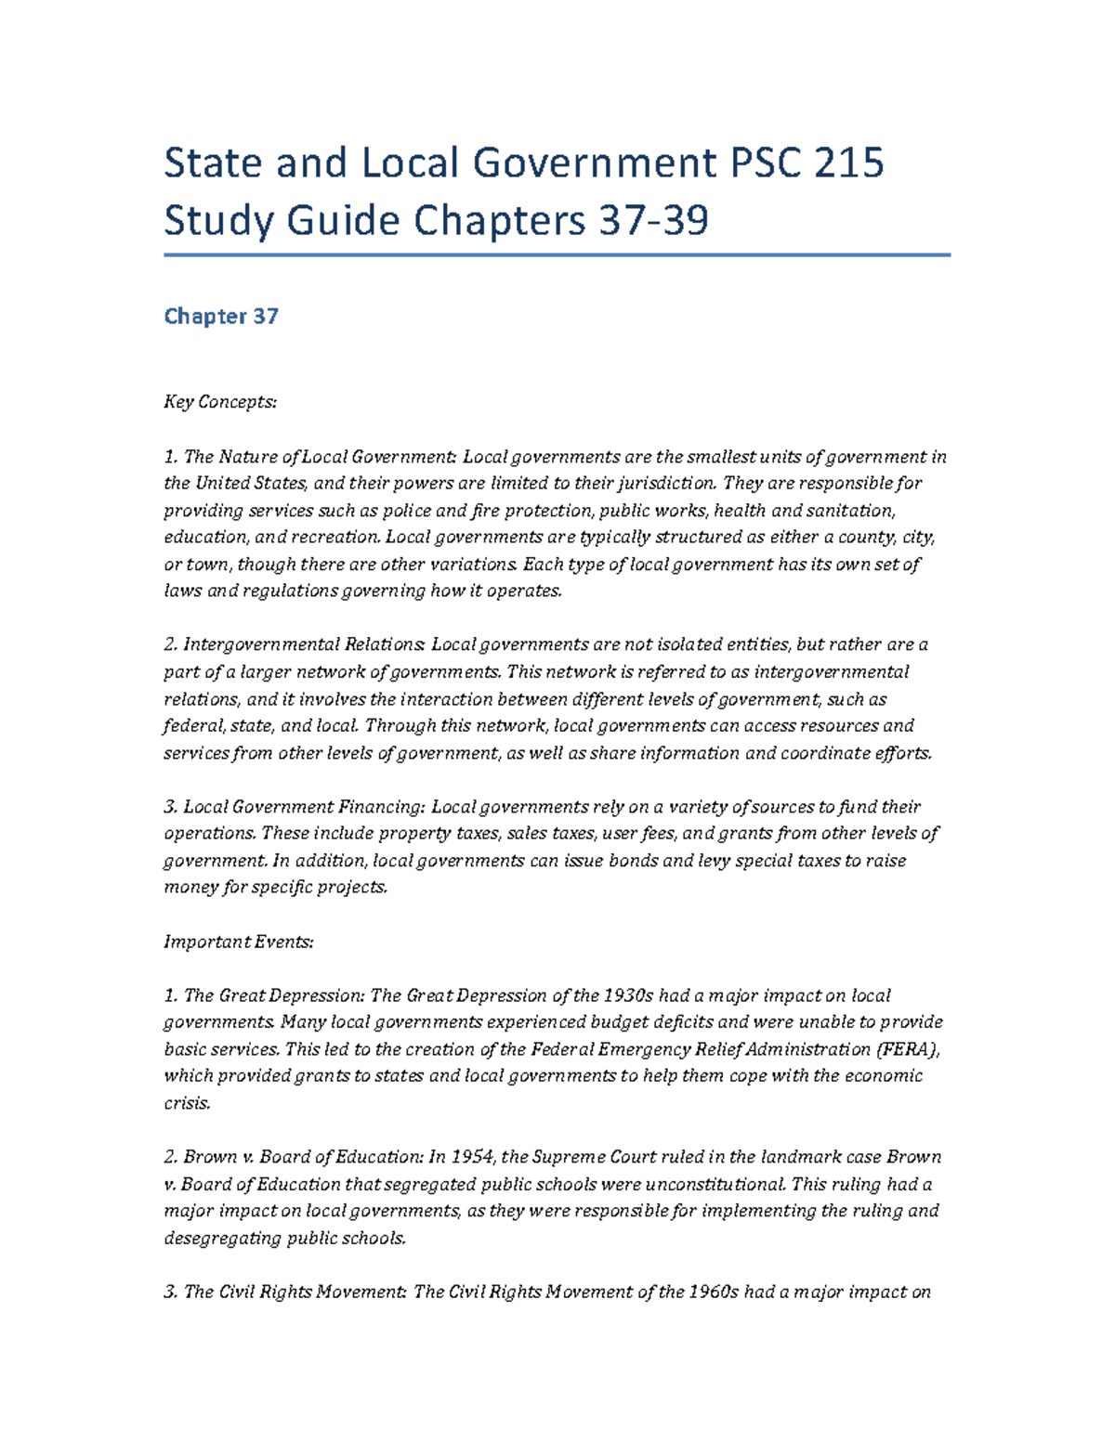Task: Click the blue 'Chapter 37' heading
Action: pyautogui.click(x=221, y=317)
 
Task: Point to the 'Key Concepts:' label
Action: pyautogui.click(x=220, y=402)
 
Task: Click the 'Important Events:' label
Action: pyautogui.click(x=239, y=942)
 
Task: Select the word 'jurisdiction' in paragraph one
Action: pyautogui.click(x=668, y=483)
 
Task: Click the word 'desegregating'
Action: pyautogui.click(x=222, y=1238)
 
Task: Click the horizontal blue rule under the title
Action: pyautogui.click(x=557, y=254)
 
